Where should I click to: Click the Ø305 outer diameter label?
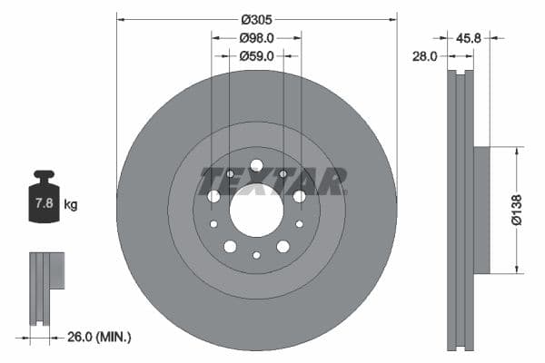click(257, 18)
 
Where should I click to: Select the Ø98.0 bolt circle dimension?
click(257, 38)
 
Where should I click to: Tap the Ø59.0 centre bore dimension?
click(257, 56)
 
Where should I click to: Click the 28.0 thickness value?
click(424, 56)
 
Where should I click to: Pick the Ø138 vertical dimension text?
click(515, 210)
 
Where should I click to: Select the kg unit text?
click(71, 205)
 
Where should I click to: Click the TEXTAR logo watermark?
click(273, 181)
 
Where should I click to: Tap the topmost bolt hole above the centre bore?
click(256, 165)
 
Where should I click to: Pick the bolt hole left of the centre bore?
click(213, 196)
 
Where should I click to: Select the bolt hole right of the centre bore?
click(299, 196)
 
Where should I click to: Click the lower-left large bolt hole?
click(230, 247)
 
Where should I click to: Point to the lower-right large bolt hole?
click(282, 247)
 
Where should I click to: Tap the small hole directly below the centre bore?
click(256, 255)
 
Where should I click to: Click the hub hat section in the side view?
click(481, 210)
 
